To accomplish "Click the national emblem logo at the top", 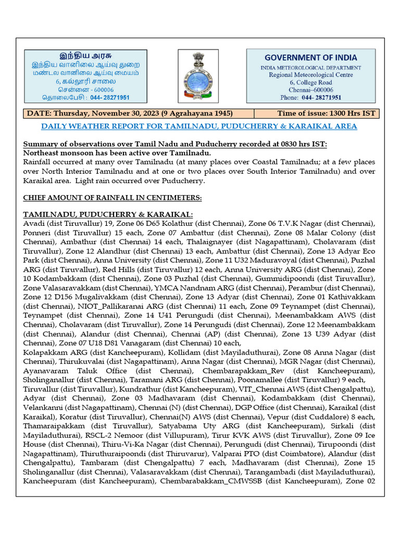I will coord(198,76).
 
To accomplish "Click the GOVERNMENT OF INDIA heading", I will coord(310,57).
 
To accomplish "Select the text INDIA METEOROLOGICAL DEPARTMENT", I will coord(310,67).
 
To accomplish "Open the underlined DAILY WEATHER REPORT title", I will coord(199,126).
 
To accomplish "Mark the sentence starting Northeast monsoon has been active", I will coord(117,153).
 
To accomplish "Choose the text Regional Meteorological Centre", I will coord(310,75).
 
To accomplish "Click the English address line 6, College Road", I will coord(310,82).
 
